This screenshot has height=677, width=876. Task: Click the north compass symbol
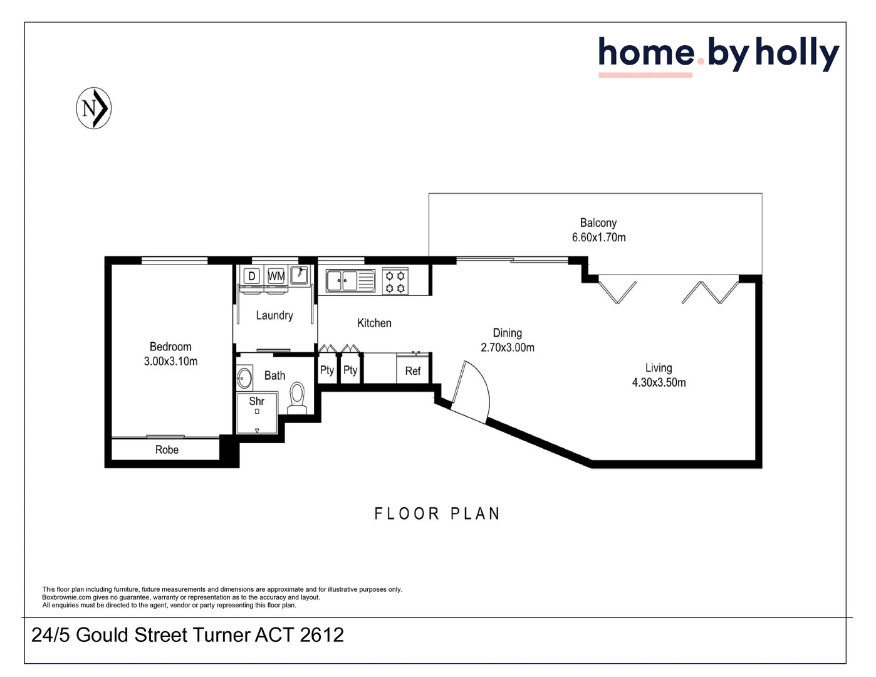coord(93,108)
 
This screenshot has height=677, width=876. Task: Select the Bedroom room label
coord(170,347)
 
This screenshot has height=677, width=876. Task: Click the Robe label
coord(167,449)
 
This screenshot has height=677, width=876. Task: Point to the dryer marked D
coord(251,276)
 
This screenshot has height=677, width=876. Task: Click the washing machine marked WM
coord(276,276)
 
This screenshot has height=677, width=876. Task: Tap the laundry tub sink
coord(299,275)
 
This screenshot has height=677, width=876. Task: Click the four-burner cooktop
coord(395,282)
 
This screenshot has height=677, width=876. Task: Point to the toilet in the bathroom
coord(297,397)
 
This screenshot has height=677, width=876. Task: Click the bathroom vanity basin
coord(244,378)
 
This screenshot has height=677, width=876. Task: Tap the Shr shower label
coord(257,401)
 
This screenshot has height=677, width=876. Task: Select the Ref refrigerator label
coord(413,371)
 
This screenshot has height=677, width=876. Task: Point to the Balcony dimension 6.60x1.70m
coord(599,237)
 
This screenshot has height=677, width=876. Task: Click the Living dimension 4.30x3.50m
coord(659,382)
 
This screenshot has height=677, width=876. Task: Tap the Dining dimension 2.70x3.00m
coord(508,347)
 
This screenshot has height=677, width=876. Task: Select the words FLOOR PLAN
coord(437,513)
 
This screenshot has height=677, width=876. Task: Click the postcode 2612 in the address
coord(321,634)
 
